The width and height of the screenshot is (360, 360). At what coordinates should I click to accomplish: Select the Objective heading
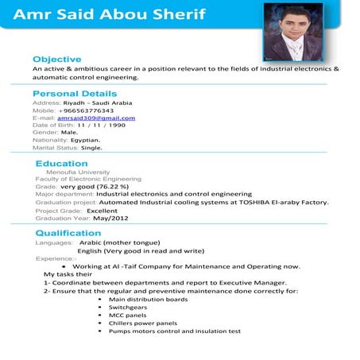(x=56, y=60)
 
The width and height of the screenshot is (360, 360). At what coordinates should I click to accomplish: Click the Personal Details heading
(x=75, y=94)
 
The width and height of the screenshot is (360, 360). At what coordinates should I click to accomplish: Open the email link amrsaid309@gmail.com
(x=96, y=118)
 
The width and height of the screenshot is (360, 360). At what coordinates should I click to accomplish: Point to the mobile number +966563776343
(x=91, y=110)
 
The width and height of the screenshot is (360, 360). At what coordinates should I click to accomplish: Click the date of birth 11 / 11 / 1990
(x=101, y=125)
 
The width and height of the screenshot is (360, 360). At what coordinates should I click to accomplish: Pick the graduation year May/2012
(x=110, y=217)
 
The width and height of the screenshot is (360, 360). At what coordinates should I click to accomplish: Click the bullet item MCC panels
(x=127, y=315)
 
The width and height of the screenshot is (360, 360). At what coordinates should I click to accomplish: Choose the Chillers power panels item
(x=143, y=323)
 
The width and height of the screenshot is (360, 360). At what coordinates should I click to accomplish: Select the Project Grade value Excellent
(x=103, y=210)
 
